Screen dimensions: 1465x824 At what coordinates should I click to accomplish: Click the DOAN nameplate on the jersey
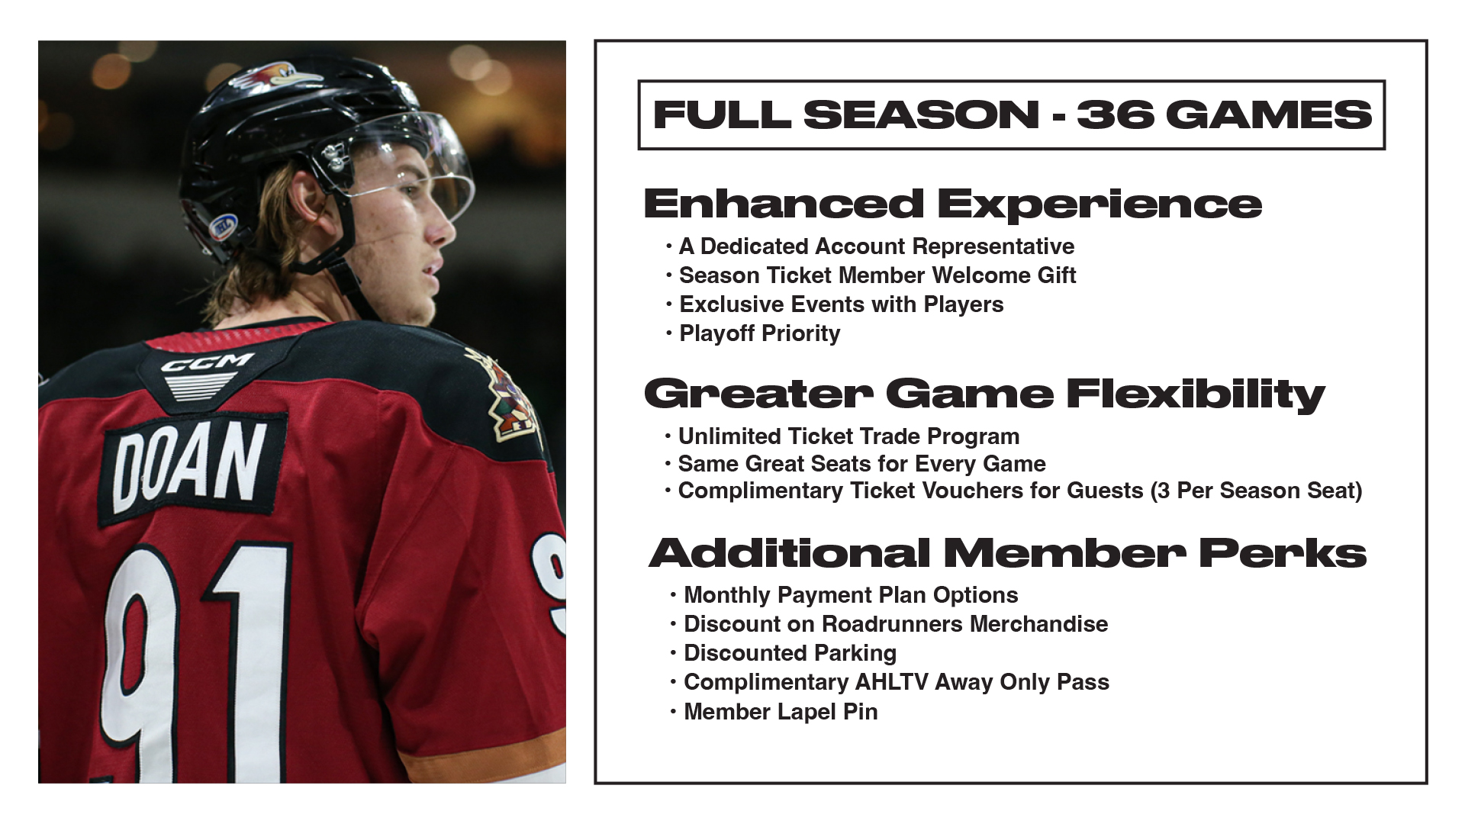192,467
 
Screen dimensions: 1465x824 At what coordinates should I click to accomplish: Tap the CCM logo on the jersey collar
208,363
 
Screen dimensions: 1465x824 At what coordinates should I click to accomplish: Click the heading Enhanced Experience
952,204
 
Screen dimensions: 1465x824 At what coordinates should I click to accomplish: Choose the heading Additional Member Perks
1007,553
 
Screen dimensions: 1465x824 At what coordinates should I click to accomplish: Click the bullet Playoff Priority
759,333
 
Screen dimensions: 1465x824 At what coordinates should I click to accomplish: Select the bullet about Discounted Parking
790,653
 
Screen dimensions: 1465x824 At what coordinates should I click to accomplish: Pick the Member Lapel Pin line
781,712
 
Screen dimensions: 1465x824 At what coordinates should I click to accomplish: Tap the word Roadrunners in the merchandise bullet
892,624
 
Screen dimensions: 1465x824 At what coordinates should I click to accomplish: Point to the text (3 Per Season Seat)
1256,491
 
